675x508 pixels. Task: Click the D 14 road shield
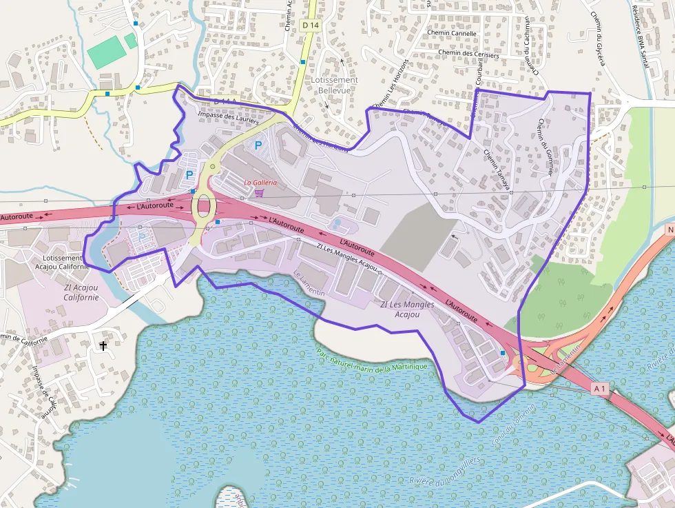(x=311, y=26)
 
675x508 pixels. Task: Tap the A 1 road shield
(x=599, y=389)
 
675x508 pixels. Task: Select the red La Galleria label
(x=261, y=183)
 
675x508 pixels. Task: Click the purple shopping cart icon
(x=259, y=193)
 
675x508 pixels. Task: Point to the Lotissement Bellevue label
(x=331, y=85)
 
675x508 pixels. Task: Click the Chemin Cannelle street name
(x=452, y=33)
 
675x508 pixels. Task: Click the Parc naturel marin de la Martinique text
(x=372, y=360)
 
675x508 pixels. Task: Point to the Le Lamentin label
(x=309, y=283)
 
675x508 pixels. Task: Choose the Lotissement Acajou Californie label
(x=62, y=263)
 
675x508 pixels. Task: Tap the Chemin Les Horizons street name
(x=391, y=83)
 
